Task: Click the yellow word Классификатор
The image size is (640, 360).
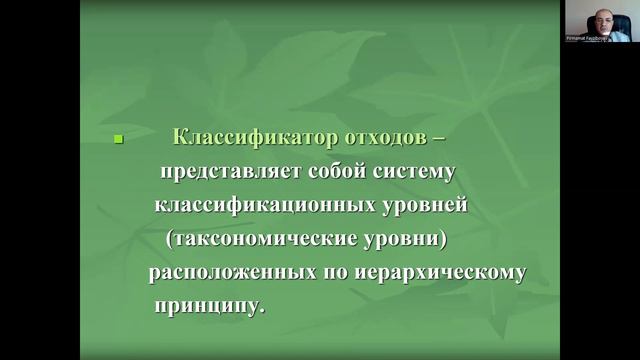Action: click(235, 137)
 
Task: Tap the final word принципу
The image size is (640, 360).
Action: click(209, 306)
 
